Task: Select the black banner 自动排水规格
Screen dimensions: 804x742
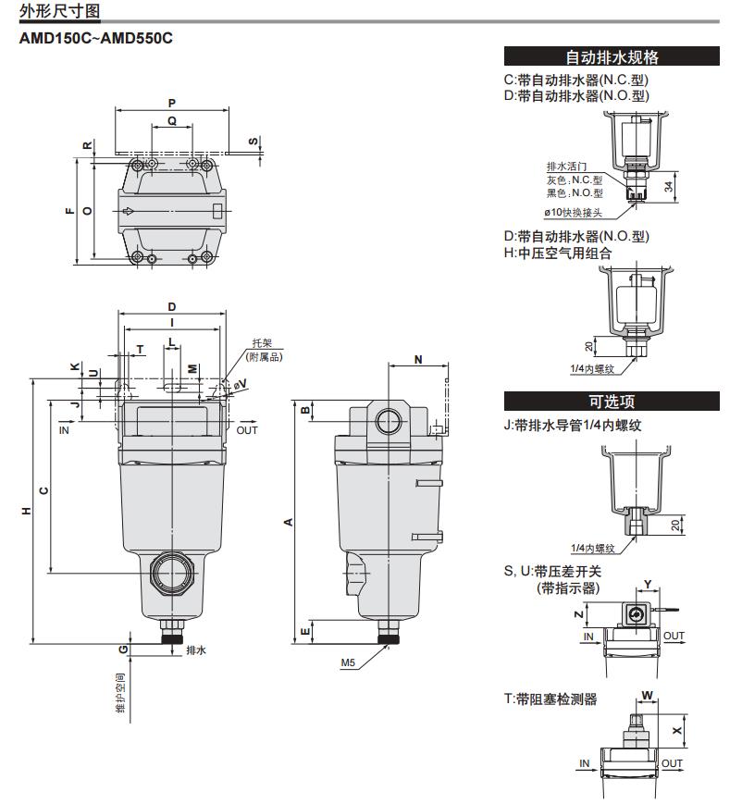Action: point(612,56)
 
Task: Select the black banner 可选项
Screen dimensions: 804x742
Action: point(612,402)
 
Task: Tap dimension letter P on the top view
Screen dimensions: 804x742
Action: point(172,102)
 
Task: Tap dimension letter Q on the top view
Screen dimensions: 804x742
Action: point(172,121)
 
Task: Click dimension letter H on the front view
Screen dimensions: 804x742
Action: point(26,512)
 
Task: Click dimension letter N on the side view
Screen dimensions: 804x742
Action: point(418,358)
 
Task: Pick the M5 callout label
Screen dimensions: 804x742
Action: point(348,662)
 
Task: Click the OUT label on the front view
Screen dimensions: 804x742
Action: point(247,430)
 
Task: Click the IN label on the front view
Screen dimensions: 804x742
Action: point(65,430)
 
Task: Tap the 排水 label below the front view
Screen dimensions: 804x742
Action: point(195,651)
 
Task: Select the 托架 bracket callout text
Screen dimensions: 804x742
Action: point(262,343)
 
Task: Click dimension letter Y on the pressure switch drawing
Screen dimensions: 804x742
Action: point(648,584)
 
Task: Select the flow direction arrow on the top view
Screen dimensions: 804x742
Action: point(129,211)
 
